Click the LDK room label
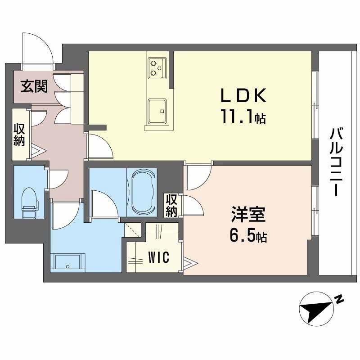tap(243, 95)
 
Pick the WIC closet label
tap(158, 258)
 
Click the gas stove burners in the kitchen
tap(157, 67)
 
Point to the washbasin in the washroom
tap(68, 261)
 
